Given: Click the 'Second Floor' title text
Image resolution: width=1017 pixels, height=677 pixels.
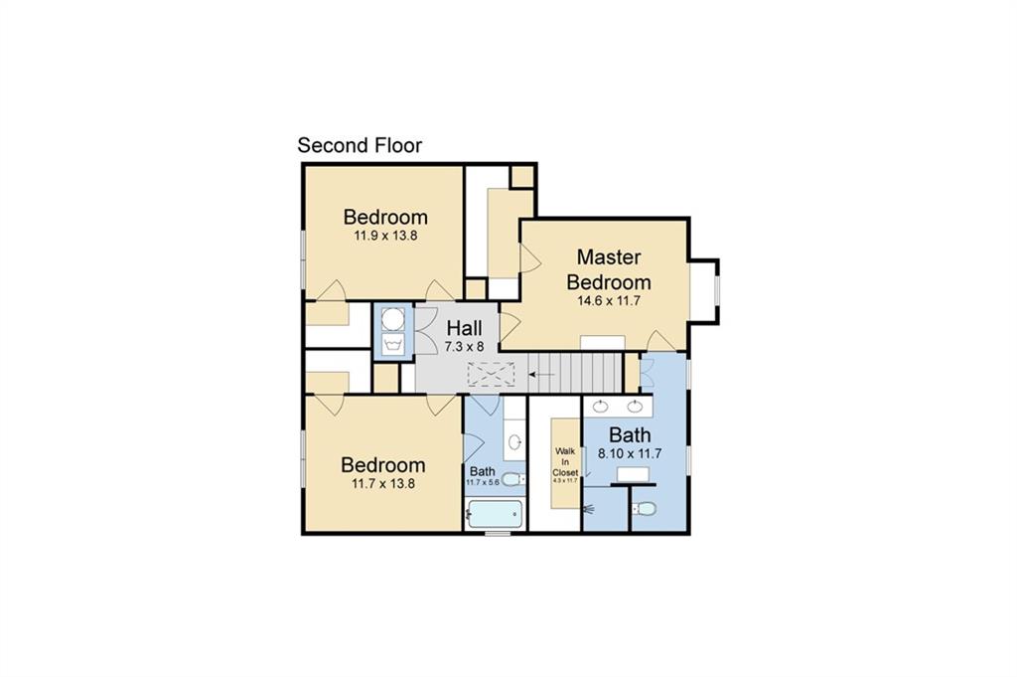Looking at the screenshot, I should pos(360,145).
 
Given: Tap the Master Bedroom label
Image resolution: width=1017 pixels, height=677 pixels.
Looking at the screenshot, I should pos(609,269).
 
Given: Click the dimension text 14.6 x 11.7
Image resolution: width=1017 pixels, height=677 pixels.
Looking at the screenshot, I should pos(609,299).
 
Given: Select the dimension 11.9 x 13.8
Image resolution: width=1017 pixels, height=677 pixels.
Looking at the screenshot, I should pos(385,237).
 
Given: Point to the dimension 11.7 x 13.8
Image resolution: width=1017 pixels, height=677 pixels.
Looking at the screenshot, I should pos(383,484).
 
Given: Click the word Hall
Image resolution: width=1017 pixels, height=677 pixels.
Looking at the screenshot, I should pos(464,328).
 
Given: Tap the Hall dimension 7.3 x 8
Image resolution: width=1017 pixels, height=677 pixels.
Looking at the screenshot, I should pos(464,347).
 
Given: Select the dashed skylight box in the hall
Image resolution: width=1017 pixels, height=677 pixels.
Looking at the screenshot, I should pos(491,375).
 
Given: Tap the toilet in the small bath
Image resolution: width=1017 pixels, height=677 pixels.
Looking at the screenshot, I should pos(510,479).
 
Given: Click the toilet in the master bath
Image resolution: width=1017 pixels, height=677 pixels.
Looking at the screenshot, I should pos(645,509).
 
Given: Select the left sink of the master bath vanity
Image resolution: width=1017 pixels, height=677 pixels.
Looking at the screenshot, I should pos(601,405).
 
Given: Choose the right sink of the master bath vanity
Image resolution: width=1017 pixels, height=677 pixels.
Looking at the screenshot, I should pos(635,405).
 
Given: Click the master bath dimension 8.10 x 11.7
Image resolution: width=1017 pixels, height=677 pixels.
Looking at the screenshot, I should pos(630,453).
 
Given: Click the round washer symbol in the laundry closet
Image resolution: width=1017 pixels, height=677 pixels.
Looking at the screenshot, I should pos(393,318).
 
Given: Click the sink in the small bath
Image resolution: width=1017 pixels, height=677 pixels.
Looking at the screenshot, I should pos(514,440).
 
